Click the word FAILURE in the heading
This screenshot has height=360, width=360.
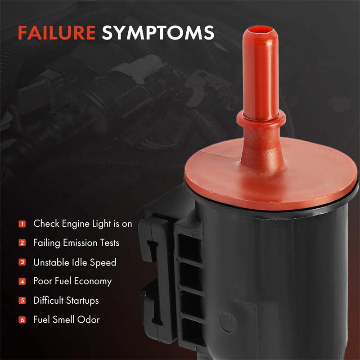(57, 32)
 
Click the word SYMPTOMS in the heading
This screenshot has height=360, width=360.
(158, 32)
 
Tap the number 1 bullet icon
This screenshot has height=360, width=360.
(22, 224)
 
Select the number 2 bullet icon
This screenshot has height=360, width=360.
(22, 243)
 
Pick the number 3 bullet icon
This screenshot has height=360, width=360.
(22, 262)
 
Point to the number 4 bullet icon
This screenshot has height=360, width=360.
(22, 281)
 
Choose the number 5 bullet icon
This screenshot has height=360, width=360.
(22, 301)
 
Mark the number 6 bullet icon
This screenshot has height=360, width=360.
(22, 319)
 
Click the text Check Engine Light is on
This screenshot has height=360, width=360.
(83, 224)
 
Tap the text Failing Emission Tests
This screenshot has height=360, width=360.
(76, 243)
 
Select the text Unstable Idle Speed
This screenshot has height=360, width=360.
(75, 262)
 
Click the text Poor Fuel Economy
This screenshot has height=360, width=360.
(72, 282)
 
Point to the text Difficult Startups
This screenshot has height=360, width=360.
(66, 301)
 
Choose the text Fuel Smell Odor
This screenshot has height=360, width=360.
(67, 319)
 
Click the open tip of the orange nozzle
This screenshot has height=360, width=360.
(260, 30)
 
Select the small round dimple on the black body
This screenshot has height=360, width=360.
(228, 323)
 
